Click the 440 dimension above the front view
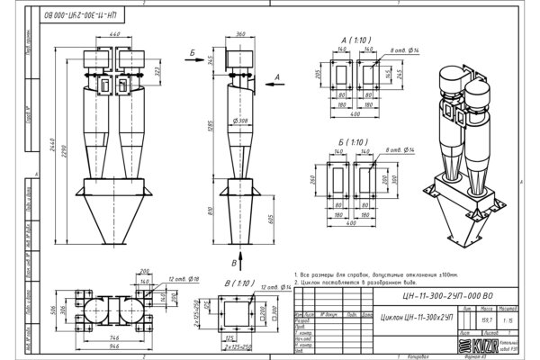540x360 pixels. (x=115, y=33)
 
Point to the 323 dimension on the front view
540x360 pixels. (x=158, y=69)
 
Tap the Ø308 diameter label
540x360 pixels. (x=240, y=119)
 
